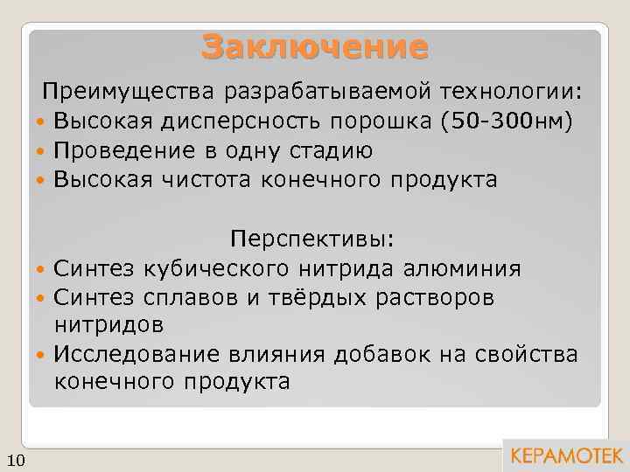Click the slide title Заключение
click(315, 46)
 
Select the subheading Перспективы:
click(313, 239)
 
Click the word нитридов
click(108, 325)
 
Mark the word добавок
click(391, 354)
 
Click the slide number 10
click(17, 461)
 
